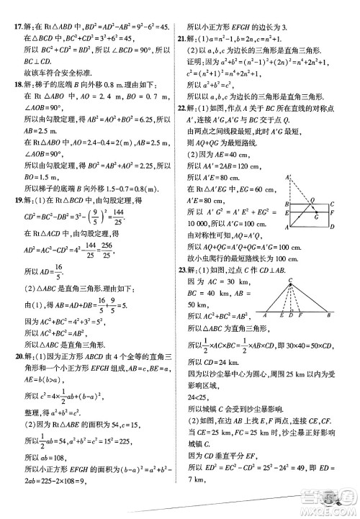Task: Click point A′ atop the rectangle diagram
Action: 288,176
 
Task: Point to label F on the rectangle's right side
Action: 333,212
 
